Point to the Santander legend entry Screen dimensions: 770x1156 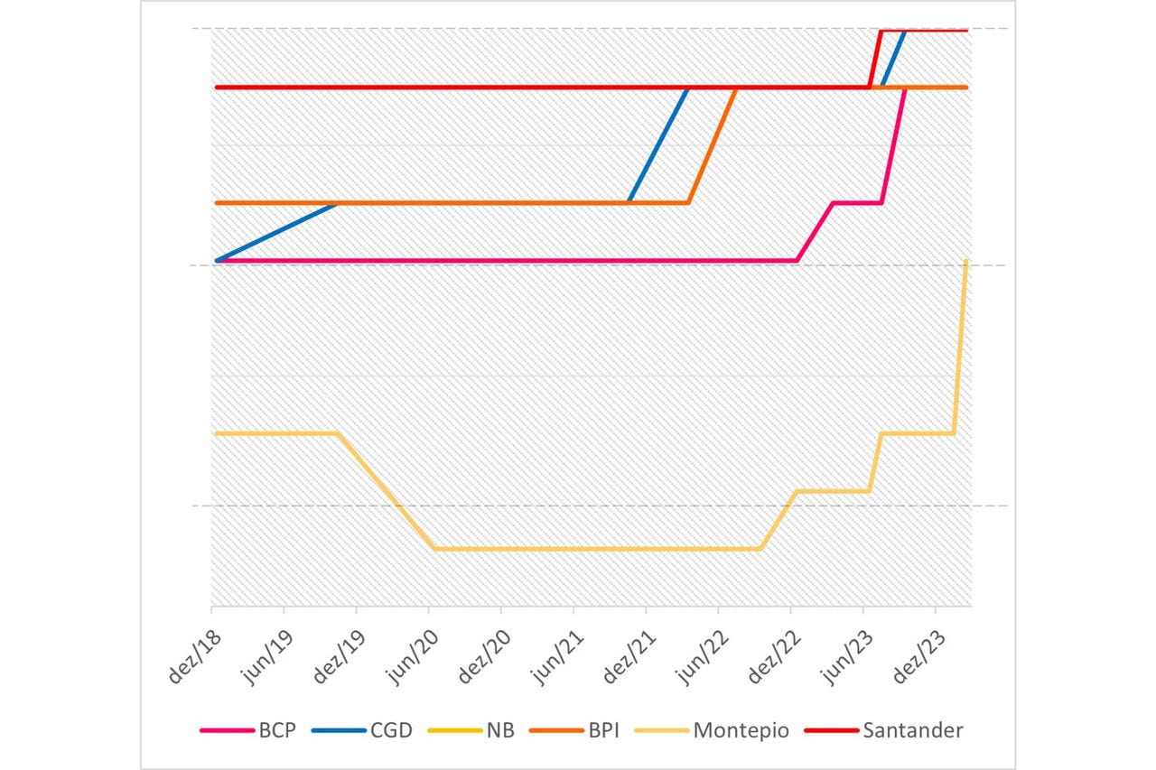point(913,730)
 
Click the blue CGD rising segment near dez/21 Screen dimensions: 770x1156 point(658,144)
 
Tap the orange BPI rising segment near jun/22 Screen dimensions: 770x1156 point(713,144)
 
